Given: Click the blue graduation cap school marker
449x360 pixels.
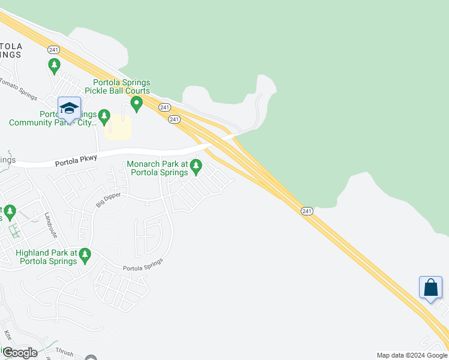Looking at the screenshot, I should [69, 108].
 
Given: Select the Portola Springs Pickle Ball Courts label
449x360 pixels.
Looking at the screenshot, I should [121, 86].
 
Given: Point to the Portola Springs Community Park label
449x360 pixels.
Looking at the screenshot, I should [53, 118].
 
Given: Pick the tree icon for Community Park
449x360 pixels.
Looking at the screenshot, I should [104, 115].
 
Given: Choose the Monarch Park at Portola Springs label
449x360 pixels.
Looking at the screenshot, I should [160, 168].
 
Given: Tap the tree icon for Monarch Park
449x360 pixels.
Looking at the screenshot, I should [196, 167].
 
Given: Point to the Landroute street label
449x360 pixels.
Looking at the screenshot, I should [55, 226].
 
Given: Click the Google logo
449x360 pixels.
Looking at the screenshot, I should [20, 353].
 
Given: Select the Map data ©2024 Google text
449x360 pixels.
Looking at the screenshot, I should [412, 355].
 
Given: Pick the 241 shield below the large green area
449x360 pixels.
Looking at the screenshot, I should [307, 211].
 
